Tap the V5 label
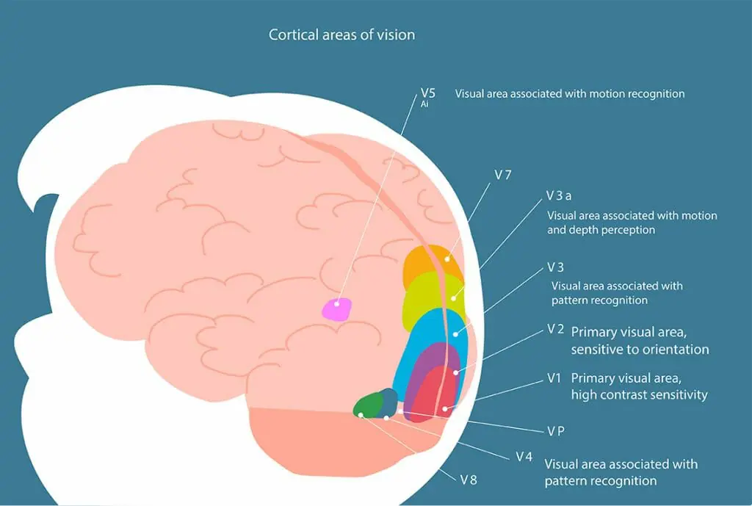(x=428, y=93)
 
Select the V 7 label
(x=503, y=175)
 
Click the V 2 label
(x=555, y=329)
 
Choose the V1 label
(x=554, y=377)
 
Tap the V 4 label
(x=524, y=456)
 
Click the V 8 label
(x=469, y=480)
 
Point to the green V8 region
(x=367, y=405)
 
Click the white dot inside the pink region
(x=338, y=303)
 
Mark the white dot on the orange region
(x=447, y=260)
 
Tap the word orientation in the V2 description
(x=673, y=350)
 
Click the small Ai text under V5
(x=424, y=104)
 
